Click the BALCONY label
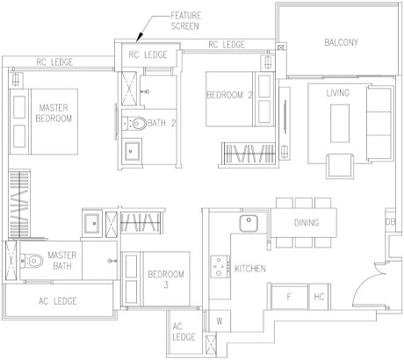(x=341, y=42)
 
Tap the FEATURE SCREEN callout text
(x=185, y=21)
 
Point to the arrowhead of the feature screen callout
(x=139, y=38)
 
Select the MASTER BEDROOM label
(x=54, y=113)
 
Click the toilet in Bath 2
(x=135, y=123)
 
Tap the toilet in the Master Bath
(x=32, y=261)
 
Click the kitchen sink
(x=249, y=223)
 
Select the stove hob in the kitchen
(x=220, y=267)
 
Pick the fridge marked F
(x=289, y=297)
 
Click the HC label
(x=319, y=297)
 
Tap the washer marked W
(x=220, y=321)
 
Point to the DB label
(x=390, y=222)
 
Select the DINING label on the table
(x=307, y=223)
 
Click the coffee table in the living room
(x=340, y=123)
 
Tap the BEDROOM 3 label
(x=166, y=279)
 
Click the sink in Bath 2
(x=131, y=151)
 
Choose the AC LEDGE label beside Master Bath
(x=58, y=301)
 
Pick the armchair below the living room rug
(x=340, y=166)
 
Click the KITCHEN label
(x=250, y=269)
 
